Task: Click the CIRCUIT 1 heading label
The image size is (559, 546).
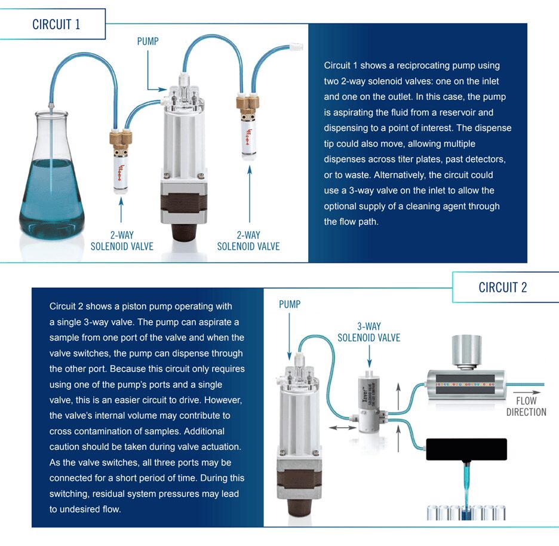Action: click(56, 24)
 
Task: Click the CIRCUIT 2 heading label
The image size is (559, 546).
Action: click(502, 287)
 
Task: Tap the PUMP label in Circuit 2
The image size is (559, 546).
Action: click(290, 305)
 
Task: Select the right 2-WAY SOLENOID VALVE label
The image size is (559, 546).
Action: click(248, 241)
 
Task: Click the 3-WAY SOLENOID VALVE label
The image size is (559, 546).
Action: click(368, 332)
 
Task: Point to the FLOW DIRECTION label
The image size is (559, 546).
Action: click(526, 406)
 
